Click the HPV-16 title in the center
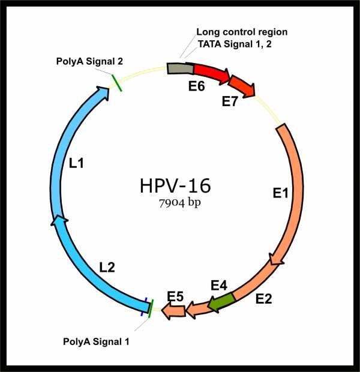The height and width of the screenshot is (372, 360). [175, 186]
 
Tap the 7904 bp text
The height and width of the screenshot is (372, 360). [180, 203]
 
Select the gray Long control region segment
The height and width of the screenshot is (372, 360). [180, 68]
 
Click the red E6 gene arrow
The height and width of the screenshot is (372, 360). [210, 72]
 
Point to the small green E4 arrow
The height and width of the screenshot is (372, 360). [221, 303]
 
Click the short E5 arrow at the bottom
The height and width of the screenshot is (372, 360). [173, 311]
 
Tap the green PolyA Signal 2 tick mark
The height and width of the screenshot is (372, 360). [116, 83]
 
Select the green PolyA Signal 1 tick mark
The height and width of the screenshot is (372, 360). [151, 308]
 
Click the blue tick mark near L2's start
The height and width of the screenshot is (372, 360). [144, 307]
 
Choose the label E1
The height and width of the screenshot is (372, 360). [280, 193]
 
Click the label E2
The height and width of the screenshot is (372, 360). [263, 299]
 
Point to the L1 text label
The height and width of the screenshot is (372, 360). [76, 163]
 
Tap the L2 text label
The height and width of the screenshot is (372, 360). [107, 268]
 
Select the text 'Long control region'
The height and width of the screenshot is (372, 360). [242, 32]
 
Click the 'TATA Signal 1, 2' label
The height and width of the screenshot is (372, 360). [235, 44]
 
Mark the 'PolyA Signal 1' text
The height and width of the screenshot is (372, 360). [96, 341]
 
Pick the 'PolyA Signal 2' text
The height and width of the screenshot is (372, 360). [89, 61]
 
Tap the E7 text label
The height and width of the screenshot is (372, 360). [229, 101]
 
